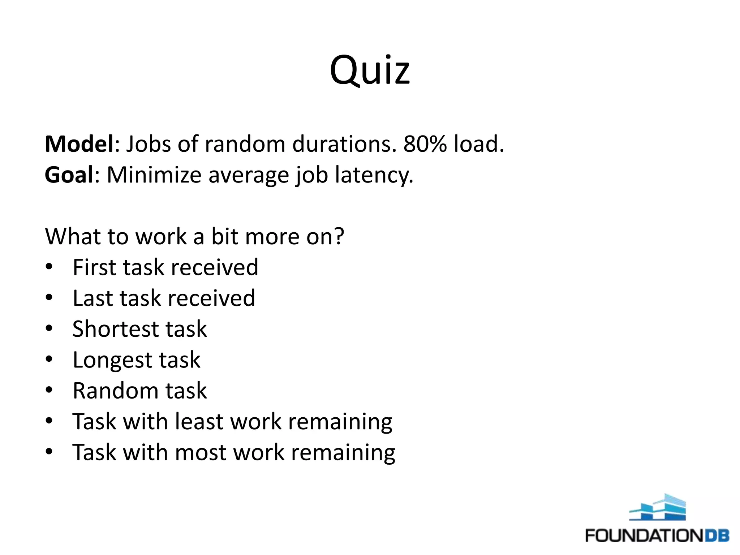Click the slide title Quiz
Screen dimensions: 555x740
[370, 70]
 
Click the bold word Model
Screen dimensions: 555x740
[79, 144]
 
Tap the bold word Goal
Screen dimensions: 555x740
[69, 175]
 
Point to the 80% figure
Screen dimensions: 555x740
[425, 144]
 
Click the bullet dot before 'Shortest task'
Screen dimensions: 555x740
[49, 328]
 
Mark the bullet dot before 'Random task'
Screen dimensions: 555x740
[49, 390]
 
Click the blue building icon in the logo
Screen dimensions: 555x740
[657, 508]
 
